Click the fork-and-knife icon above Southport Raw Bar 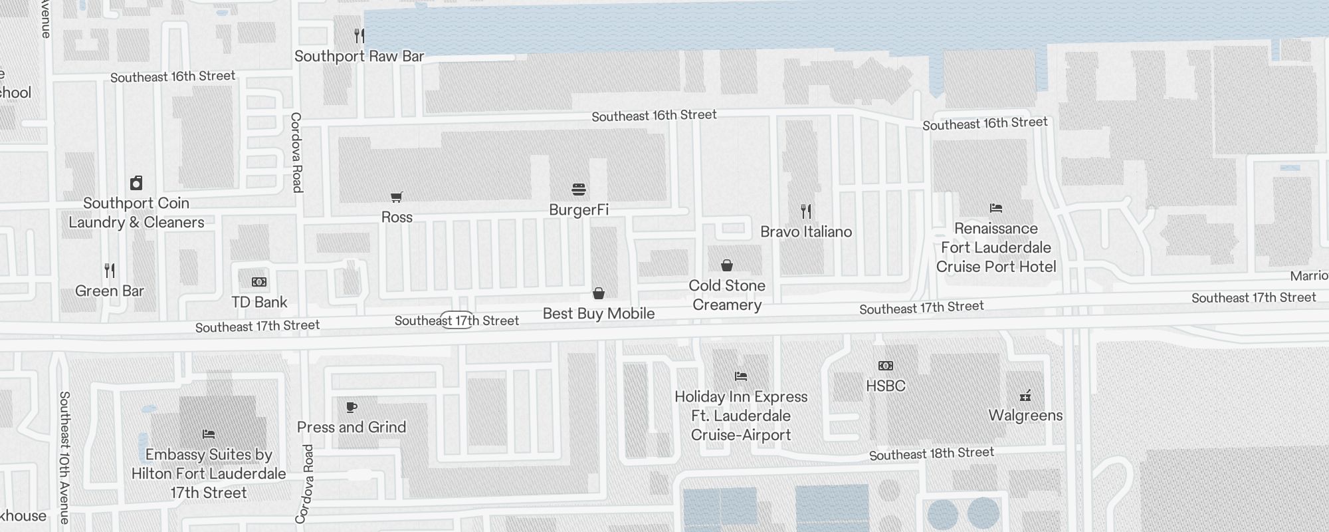(x=359, y=35)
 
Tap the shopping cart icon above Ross (x=397, y=197)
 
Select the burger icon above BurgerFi (x=579, y=190)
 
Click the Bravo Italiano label (x=806, y=232)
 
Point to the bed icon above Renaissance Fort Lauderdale (x=995, y=208)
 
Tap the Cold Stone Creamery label (x=727, y=295)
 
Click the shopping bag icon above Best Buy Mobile (x=599, y=293)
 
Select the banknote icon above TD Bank (x=259, y=282)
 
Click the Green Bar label (x=110, y=291)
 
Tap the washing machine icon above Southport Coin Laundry (x=136, y=183)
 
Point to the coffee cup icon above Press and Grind (x=352, y=407)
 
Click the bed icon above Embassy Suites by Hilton (x=209, y=434)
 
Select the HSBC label (x=886, y=386)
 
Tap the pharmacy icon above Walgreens (x=1025, y=396)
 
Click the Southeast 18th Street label (x=932, y=454)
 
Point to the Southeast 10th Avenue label (x=64, y=457)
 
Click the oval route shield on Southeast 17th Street (x=457, y=320)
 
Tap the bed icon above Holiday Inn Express (x=741, y=376)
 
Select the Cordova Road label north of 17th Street (x=296, y=152)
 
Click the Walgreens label (x=1025, y=416)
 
